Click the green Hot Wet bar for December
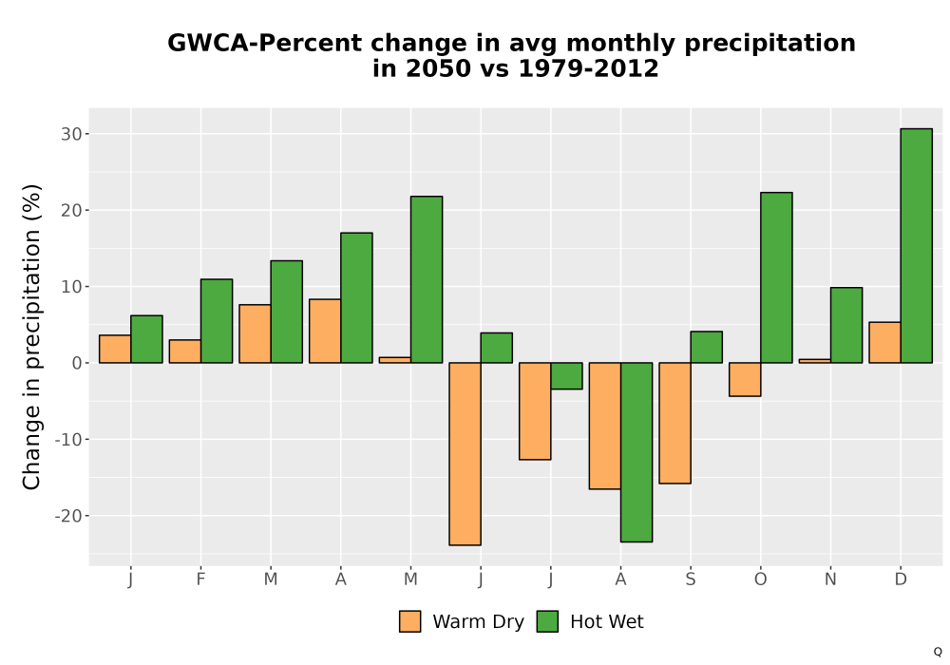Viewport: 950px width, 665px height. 916,246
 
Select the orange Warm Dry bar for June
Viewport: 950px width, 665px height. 465,454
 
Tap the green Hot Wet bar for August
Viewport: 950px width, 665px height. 636,452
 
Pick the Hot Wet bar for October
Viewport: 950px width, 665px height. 776,277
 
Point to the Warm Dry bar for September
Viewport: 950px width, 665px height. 674,423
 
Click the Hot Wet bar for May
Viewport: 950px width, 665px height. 427,279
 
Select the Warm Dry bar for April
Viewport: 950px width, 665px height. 325,331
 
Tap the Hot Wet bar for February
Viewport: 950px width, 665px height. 217,321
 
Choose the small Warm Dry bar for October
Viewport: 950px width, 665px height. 745,379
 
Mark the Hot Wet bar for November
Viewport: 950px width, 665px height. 846,325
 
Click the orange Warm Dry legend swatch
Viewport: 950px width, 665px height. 409,621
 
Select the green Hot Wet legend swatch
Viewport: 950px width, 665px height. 547,621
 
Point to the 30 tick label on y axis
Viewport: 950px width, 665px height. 71,134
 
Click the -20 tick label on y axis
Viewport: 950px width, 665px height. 67,516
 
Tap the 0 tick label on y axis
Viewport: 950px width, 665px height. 77,363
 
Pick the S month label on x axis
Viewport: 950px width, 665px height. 690,579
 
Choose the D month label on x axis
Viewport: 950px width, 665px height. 901,579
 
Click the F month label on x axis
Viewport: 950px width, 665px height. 200,579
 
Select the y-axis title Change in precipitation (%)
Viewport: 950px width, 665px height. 31,336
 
